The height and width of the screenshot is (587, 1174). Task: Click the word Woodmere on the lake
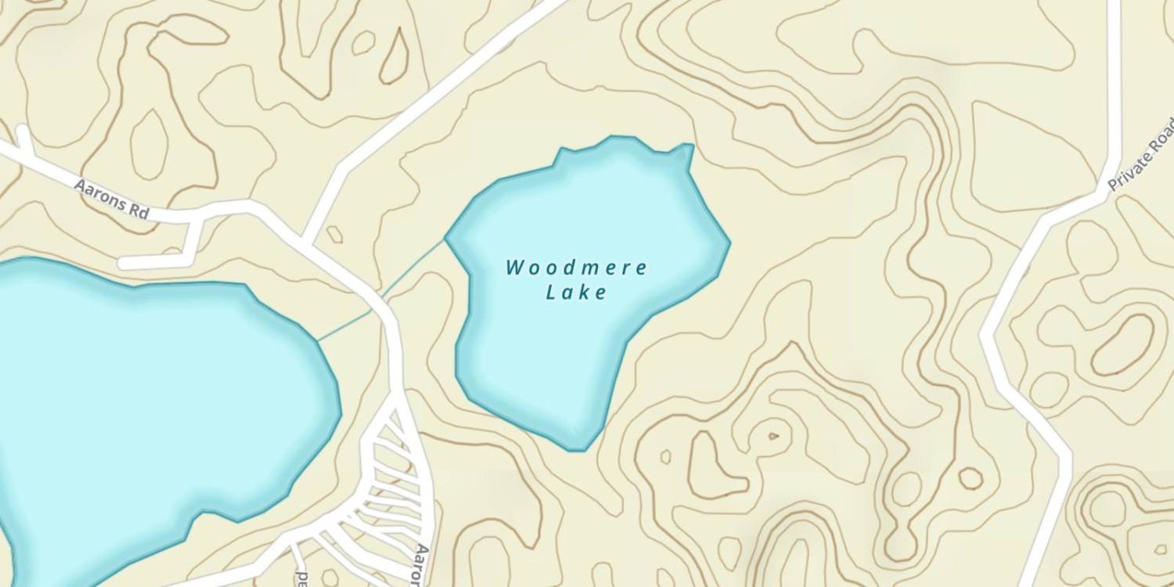[x=576, y=268]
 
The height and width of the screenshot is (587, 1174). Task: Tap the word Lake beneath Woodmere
[x=576, y=293]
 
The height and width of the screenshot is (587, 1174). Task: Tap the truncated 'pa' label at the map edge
[x=302, y=578]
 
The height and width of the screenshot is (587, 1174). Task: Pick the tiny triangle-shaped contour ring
[x=773, y=436]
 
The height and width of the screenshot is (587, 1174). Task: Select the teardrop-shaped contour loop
[x=394, y=56]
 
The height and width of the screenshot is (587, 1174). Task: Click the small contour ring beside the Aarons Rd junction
[x=335, y=234]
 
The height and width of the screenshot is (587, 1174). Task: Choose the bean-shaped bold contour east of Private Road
[x=1124, y=345]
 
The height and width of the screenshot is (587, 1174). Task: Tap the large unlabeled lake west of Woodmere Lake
[x=149, y=407]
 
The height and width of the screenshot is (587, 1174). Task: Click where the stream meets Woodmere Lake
[x=446, y=239]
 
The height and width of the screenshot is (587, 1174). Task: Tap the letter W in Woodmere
[x=515, y=268]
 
